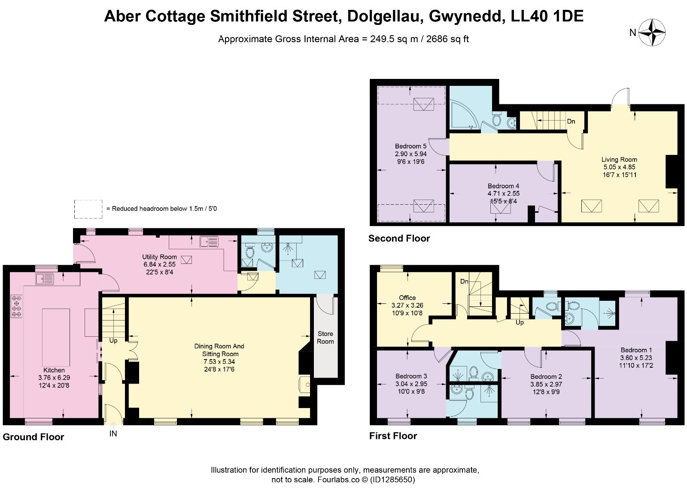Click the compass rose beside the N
652,32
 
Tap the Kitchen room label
54,370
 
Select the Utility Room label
159,257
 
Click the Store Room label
325,338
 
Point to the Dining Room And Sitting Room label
219,350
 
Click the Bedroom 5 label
410,146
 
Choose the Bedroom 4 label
503,186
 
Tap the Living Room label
619,160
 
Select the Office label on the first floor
407,298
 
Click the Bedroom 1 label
636,350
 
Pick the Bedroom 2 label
546,376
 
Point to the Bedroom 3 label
411,376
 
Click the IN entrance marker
113,433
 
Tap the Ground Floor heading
33,437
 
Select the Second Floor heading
399,238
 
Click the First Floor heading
393,436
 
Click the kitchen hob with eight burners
17,306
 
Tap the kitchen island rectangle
56,338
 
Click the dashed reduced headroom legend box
88,209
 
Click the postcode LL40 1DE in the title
547,16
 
